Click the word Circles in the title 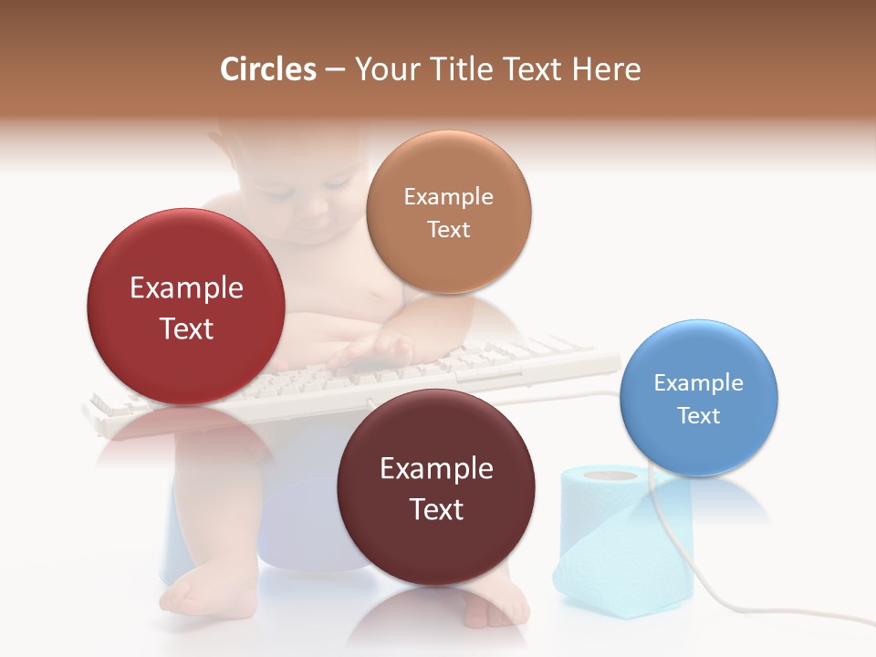pyautogui.click(x=267, y=69)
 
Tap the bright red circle pyautogui.click(x=186, y=307)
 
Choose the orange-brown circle pyautogui.click(x=448, y=212)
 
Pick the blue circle pyautogui.click(x=698, y=398)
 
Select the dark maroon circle pyautogui.click(x=436, y=488)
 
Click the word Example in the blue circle pyautogui.click(x=698, y=382)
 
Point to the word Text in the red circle pyautogui.click(x=186, y=328)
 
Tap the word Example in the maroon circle pyautogui.click(x=436, y=468)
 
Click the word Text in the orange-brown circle pyautogui.click(x=448, y=229)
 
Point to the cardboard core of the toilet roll pyautogui.click(x=610, y=474)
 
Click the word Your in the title pyautogui.click(x=386, y=69)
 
